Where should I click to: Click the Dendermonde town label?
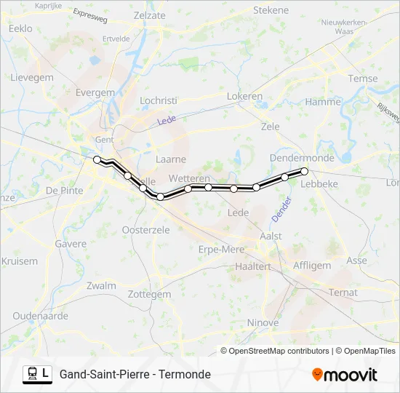302,157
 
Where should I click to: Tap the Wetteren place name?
189,178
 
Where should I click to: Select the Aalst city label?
271,237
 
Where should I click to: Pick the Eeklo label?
20,28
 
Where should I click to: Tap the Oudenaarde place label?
40,316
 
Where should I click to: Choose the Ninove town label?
263,322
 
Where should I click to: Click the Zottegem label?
149,294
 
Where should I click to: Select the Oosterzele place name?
145,229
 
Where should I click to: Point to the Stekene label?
271,10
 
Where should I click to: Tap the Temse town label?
363,79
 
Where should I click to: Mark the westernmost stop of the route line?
97,159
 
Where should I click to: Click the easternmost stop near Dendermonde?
305,172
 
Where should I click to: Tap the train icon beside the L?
33,374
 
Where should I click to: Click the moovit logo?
345,375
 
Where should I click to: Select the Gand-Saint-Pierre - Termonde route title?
135,374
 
